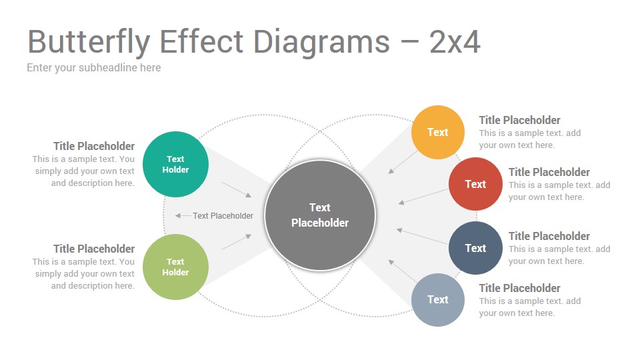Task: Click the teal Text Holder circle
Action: pyautogui.click(x=175, y=164)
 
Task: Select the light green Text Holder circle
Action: pyautogui.click(x=175, y=267)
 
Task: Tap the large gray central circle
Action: pyautogui.click(x=320, y=215)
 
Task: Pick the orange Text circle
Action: pyautogui.click(x=437, y=132)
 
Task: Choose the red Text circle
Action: pyautogui.click(x=475, y=184)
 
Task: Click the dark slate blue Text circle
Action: pyautogui.click(x=475, y=248)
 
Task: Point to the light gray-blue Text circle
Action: pyautogui.click(x=437, y=299)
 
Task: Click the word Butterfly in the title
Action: pyautogui.click(x=89, y=42)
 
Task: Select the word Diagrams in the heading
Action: pyautogui.click(x=321, y=42)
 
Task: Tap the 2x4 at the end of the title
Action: pyautogui.click(x=455, y=41)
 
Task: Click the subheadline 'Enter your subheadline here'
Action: pyautogui.click(x=94, y=68)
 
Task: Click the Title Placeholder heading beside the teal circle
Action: pyautogui.click(x=94, y=146)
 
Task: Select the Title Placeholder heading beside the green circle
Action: pyautogui.click(x=94, y=249)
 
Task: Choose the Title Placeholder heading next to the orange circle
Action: pyautogui.click(x=519, y=120)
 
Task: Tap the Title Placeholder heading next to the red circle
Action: pyautogui.click(x=549, y=172)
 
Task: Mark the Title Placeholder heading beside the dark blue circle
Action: pyautogui.click(x=549, y=236)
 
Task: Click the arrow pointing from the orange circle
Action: pyautogui.click(x=403, y=162)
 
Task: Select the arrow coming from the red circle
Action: pyautogui.click(x=423, y=196)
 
